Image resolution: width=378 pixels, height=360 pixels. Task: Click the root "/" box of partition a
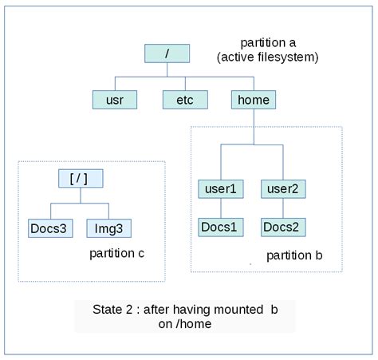click(x=167, y=53)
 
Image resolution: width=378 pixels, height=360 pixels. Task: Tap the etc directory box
click(x=184, y=100)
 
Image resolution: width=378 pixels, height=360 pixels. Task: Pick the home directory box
click(x=254, y=100)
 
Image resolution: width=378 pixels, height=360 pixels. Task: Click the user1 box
click(x=221, y=189)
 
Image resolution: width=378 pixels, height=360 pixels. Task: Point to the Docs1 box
click(x=221, y=227)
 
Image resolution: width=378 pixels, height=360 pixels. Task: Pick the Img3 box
click(x=108, y=227)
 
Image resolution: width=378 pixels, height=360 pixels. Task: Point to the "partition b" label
click(x=294, y=255)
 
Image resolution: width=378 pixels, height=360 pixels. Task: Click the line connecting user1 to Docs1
click(x=221, y=208)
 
